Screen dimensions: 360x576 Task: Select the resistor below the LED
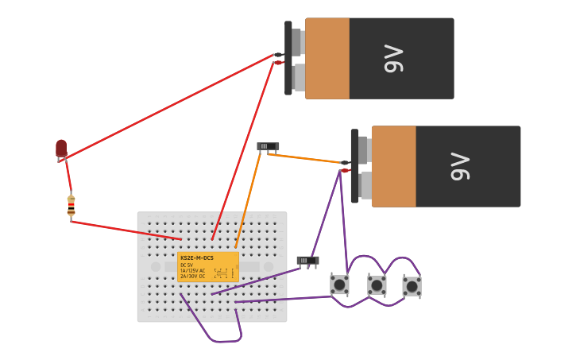pos(71,206)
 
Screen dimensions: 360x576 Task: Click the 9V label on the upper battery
pos(394,59)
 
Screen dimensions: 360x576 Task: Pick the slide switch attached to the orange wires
pos(268,146)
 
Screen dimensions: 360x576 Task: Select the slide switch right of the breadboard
pos(307,260)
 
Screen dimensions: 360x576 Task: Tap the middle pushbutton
pos(377,285)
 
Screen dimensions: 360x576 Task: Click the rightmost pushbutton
pos(412,286)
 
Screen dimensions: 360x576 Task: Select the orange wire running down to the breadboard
pos(248,199)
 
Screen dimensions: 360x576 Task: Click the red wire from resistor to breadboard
pos(127,230)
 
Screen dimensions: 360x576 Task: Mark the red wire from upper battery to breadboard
pos(242,151)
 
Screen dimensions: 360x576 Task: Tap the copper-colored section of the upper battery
pos(327,59)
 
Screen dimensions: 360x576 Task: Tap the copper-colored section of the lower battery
pos(393,166)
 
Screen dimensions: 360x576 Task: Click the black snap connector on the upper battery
pos(288,58)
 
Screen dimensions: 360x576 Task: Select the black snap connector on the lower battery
pos(354,166)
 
